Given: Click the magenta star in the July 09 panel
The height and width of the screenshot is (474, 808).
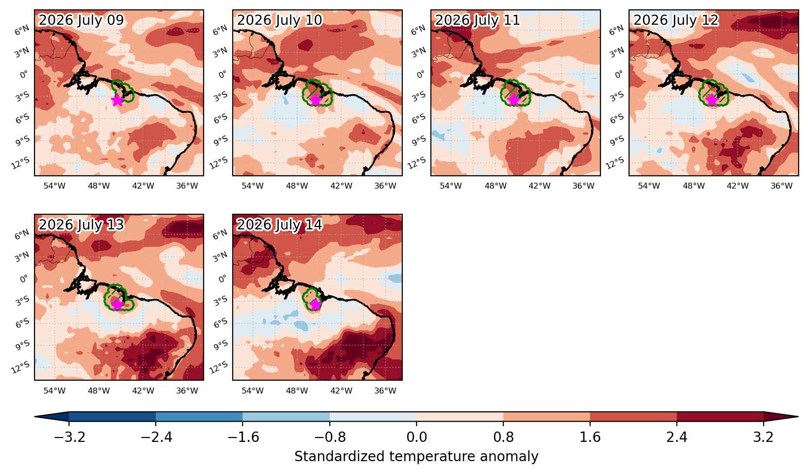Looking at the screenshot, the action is (117, 100).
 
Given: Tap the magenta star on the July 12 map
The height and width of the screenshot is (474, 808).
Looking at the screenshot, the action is (711, 100).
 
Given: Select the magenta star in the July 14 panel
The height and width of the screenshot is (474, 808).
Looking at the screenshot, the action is (316, 305).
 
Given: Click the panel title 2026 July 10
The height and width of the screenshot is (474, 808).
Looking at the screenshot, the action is (279, 20).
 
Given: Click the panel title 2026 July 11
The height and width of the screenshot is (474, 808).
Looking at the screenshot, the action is (477, 20).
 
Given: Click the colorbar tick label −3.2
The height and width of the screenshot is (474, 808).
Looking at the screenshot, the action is (69, 437).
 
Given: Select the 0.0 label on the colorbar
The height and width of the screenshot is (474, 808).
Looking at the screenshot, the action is (417, 437).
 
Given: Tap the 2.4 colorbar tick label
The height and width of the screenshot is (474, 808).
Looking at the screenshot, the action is (677, 437).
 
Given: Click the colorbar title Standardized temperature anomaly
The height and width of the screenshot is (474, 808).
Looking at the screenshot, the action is (416, 457).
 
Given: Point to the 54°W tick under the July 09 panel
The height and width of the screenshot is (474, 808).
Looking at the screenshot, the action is (54, 186).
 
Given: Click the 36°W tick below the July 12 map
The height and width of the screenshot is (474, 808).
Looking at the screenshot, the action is (781, 186).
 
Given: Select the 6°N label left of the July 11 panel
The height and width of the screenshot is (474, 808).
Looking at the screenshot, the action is (418, 30).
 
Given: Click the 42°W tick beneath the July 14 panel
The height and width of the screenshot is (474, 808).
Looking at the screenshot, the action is (341, 391).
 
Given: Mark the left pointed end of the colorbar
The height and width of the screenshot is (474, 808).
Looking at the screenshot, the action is (35, 417).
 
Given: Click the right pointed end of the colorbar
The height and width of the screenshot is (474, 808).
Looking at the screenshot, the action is (798, 417).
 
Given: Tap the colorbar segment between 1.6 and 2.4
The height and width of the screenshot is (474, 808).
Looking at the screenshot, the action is (633, 417).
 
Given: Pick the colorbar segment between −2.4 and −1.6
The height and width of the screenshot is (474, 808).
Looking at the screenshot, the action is (199, 417).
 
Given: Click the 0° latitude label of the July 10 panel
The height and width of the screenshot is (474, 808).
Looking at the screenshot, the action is (222, 75).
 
